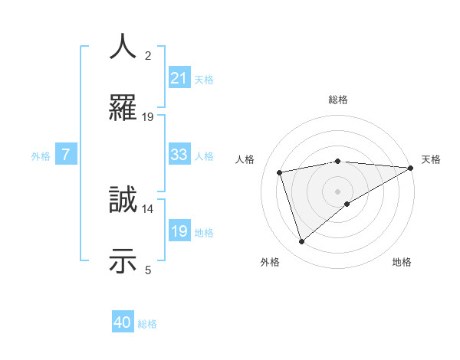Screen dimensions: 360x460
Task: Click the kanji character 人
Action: [x=123, y=46]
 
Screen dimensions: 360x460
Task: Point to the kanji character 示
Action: [x=123, y=260]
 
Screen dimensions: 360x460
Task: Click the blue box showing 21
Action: [x=179, y=77]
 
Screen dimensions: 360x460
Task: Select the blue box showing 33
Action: [x=179, y=155]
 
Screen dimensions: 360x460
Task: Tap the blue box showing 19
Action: [x=179, y=231]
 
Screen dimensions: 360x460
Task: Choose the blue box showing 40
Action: [x=123, y=322]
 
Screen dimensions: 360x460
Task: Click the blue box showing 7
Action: [x=66, y=155]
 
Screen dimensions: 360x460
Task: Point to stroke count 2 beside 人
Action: [x=148, y=56]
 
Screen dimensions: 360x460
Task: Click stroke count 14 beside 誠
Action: [x=148, y=208]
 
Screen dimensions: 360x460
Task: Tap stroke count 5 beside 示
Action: [x=148, y=269]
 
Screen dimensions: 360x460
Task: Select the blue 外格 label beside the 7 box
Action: [x=41, y=155]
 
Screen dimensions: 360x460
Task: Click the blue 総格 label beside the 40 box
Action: [x=147, y=323]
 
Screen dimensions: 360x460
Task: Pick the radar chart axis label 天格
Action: [x=431, y=159]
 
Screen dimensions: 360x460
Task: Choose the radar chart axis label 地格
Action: [x=402, y=262]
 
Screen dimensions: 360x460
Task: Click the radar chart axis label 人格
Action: [x=245, y=159]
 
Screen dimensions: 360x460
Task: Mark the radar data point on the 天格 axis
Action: [x=410, y=168]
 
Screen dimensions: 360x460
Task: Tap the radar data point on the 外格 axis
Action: [x=301, y=242]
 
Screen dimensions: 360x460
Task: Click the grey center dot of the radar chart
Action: [x=338, y=191]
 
